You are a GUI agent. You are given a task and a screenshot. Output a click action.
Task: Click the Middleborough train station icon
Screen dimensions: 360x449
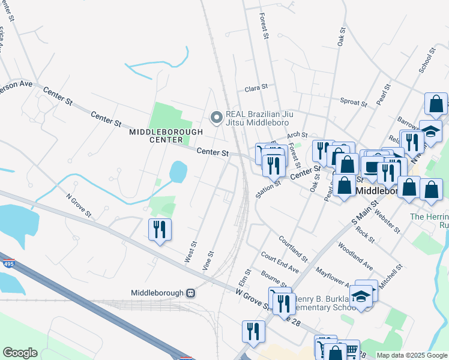pyautogui.click(x=190, y=293)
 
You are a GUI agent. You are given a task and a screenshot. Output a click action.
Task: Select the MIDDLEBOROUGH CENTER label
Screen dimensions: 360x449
pyautogui.click(x=166, y=136)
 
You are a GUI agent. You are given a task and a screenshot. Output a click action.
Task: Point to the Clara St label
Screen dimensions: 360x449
pyautogui.click(x=256, y=88)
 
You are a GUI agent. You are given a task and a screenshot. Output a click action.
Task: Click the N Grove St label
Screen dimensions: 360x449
pyautogui.click(x=78, y=204)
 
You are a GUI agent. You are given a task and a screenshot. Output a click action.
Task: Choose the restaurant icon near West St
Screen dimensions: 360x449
pyautogui.click(x=160, y=230)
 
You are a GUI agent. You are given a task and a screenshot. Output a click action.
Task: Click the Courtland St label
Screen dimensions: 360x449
pyautogui.click(x=293, y=248)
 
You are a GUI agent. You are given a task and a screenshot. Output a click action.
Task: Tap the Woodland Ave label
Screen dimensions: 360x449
pyautogui.click(x=355, y=256)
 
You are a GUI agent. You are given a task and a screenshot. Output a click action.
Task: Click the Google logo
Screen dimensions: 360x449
pyautogui.click(x=20, y=353)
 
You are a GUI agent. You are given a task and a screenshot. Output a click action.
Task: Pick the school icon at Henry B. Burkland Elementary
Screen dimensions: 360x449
pyautogui.click(x=361, y=296)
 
